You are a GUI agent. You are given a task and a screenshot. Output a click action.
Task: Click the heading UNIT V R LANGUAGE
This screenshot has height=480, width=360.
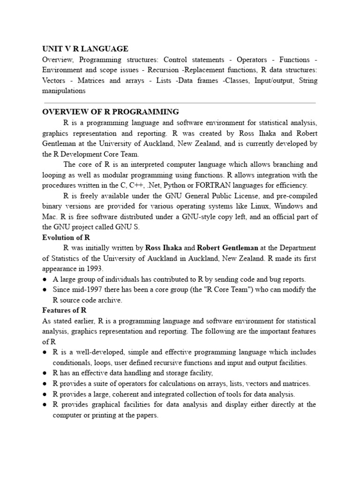point(85,49)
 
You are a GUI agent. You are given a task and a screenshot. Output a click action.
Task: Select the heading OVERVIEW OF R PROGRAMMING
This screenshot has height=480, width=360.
point(111,112)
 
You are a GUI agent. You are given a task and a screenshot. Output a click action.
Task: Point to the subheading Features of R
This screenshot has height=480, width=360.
point(64,310)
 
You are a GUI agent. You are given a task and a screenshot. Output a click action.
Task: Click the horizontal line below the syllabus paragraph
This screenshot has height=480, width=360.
point(180,102)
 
